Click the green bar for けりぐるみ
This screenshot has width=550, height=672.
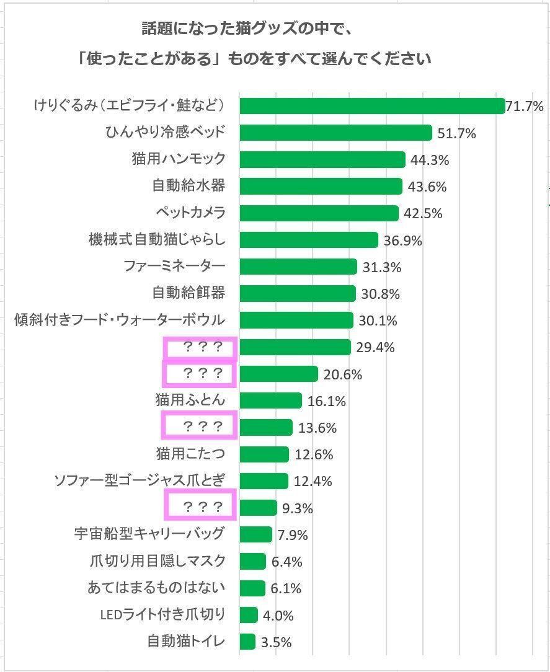372,106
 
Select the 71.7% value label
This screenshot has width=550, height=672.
525,106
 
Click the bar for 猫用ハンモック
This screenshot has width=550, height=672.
322,159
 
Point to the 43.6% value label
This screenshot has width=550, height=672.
427,187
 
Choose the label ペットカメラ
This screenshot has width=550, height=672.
190,213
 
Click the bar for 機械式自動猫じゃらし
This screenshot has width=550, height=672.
308,240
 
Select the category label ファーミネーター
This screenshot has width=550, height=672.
174,267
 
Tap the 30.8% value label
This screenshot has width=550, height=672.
380,294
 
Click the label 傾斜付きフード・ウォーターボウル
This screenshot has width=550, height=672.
119,321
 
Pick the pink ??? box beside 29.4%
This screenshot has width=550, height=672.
201,348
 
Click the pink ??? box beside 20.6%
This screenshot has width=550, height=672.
200,374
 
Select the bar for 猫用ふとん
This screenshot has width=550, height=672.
270,400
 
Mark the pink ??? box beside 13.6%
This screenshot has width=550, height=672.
200,426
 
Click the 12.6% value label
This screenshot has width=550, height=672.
314,454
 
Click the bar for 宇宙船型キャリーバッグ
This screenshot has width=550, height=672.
255,534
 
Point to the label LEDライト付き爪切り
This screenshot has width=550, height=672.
162,614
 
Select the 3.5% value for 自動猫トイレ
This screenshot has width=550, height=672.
276,642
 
